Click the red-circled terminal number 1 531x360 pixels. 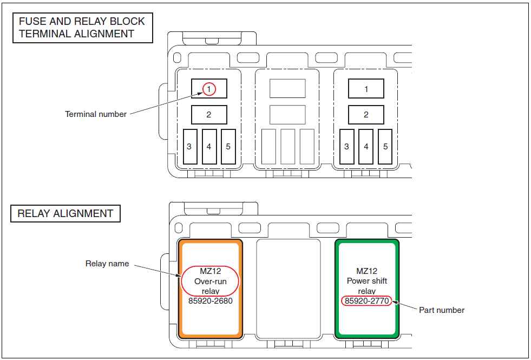click(x=209, y=89)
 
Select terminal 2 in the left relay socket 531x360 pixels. click(x=209, y=115)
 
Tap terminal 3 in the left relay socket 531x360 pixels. click(x=189, y=147)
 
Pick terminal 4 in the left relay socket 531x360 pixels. click(x=209, y=147)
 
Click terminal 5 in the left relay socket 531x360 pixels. click(x=228, y=147)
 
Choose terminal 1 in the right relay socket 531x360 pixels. click(x=366, y=89)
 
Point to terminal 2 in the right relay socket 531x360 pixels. click(x=366, y=115)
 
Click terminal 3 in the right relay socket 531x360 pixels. click(x=346, y=147)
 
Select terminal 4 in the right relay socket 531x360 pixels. click(x=366, y=147)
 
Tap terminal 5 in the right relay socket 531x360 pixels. click(x=385, y=147)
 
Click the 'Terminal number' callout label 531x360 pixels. click(x=96, y=114)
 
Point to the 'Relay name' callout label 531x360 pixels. click(x=107, y=264)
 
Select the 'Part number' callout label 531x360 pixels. click(x=442, y=310)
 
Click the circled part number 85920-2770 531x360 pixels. click(x=366, y=301)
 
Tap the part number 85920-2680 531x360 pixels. click(x=210, y=301)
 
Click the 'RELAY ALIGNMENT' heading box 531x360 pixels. click(x=65, y=213)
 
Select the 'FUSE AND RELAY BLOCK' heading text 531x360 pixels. click(x=82, y=22)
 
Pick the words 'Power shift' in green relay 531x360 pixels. click(x=367, y=281)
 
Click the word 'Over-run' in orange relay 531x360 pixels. click(x=210, y=282)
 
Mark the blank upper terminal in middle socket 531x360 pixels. click(x=287, y=89)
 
